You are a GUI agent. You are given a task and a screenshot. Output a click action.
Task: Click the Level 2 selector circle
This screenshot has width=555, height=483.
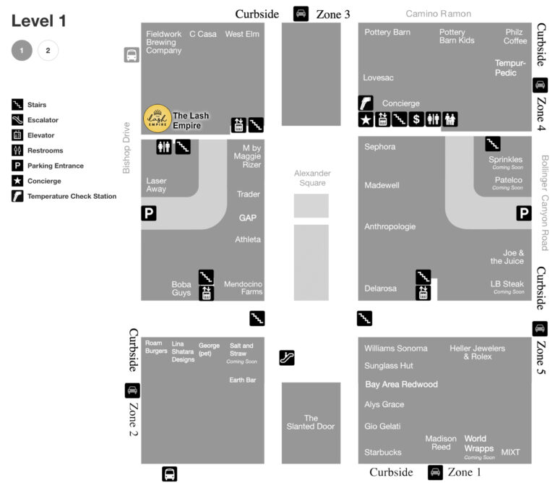click(x=48, y=51)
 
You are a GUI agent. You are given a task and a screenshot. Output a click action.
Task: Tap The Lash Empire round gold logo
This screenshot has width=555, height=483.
click(x=158, y=119)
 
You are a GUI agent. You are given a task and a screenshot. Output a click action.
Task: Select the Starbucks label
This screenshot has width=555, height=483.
click(x=382, y=452)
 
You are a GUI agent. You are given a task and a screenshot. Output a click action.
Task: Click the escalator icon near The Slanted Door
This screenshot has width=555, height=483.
click(x=287, y=358)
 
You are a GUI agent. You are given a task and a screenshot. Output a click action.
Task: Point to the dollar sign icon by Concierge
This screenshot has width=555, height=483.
click(x=416, y=119)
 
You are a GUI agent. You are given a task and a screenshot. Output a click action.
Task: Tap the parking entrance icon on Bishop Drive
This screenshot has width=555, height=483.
click(x=149, y=213)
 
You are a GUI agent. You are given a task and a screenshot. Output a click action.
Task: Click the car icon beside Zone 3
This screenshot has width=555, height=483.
click(x=301, y=14)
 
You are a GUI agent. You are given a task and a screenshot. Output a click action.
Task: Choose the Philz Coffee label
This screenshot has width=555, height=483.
click(x=515, y=36)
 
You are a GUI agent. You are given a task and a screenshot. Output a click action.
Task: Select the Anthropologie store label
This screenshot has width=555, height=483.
click(x=390, y=226)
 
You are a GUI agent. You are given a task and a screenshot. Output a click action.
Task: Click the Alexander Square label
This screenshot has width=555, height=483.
click(x=312, y=178)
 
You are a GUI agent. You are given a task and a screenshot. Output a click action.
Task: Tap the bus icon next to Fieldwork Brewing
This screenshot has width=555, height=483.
click(x=132, y=55)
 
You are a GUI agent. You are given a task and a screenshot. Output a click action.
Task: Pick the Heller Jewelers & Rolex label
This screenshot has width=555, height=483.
click(x=477, y=352)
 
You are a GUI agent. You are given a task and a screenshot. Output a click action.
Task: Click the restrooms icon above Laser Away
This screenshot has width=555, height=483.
click(x=164, y=147)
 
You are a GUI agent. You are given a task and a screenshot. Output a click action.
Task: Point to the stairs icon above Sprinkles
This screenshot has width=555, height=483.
click(x=493, y=143)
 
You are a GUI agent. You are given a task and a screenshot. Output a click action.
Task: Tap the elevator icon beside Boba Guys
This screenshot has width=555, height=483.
click(x=207, y=294)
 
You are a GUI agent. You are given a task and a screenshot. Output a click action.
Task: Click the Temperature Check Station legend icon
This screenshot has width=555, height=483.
click(x=17, y=196)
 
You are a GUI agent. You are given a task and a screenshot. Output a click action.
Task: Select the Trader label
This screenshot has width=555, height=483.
click(x=249, y=194)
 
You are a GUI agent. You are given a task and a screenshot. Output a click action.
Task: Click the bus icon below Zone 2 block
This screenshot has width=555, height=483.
click(x=170, y=474)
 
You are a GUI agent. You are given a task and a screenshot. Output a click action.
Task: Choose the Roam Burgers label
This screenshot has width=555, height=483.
click(x=156, y=346)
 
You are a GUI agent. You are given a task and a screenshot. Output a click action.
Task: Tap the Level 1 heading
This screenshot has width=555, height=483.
click(x=38, y=20)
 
